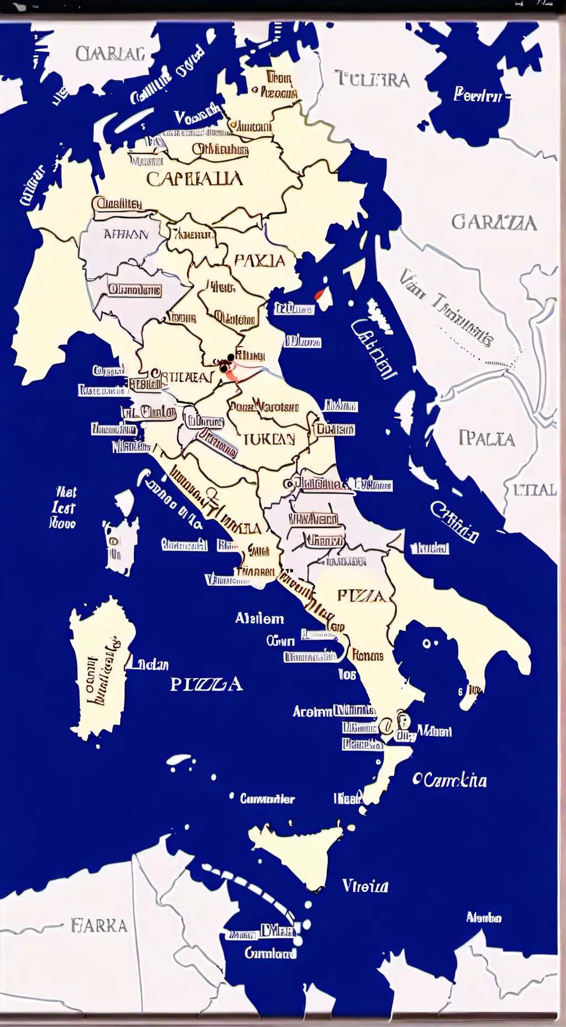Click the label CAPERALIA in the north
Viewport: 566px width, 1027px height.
(x=194, y=179)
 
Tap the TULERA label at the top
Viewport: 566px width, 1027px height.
(x=373, y=80)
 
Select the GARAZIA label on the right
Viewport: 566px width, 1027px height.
(x=494, y=222)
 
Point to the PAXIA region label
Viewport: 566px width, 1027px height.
(x=259, y=261)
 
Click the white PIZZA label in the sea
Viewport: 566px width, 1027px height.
(x=206, y=684)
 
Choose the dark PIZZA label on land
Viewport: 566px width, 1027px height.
(x=361, y=596)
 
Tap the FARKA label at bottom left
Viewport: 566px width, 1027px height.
(x=99, y=926)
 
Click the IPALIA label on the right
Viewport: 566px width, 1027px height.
(x=486, y=439)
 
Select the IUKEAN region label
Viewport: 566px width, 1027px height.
(x=269, y=439)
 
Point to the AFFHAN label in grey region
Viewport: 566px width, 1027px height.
(x=126, y=235)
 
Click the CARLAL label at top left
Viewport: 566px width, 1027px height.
(x=110, y=54)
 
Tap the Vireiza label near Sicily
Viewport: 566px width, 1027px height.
(x=365, y=886)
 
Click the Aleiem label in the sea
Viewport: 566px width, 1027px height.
(x=259, y=618)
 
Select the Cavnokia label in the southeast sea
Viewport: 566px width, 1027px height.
(x=450, y=780)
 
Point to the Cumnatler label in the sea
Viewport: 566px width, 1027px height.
(x=267, y=798)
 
